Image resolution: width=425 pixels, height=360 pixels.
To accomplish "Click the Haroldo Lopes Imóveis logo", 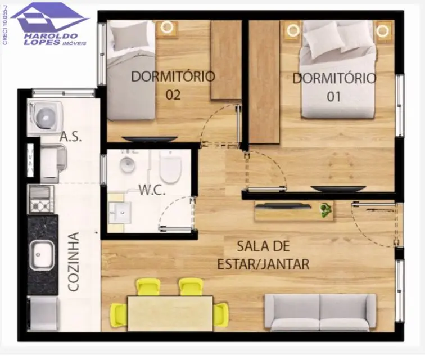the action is pyautogui.click(x=49, y=24).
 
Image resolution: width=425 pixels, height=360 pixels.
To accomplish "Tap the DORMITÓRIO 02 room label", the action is pyautogui.click(x=173, y=85).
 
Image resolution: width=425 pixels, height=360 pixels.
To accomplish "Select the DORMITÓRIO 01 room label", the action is pyautogui.click(x=334, y=87).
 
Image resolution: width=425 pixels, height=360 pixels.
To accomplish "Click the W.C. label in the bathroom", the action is pyautogui.click(x=152, y=190).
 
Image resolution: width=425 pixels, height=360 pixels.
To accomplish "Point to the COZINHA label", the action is pyautogui.click(x=74, y=262).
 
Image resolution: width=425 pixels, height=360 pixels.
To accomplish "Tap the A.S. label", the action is pyautogui.click(x=70, y=137).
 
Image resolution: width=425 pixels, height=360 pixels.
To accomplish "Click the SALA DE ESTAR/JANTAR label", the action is pyautogui.click(x=264, y=255).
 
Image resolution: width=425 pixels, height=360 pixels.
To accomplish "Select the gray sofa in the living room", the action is pyautogui.click(x=320, y=312).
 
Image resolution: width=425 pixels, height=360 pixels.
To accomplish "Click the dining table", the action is pyautogui.click(x=170, y=314).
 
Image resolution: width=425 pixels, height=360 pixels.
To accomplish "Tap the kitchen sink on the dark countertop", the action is pyautogui.click(x=42, y=255).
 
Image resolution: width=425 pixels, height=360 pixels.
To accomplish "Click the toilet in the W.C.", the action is pyautogui.click(x=170, y=167).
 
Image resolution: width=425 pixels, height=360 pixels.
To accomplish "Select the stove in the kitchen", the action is pyautogui.click(x=41, y=199).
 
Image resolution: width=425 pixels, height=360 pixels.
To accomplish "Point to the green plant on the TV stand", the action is pyautogui.click(x=325, y=210).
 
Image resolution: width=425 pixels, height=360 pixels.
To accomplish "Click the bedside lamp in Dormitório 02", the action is pyautogui.click(x=166, y=28).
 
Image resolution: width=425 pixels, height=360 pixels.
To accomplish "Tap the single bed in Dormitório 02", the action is pyautogui.click(x=132, y=70).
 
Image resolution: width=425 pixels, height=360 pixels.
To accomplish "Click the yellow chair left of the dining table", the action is pyautogui.click(x=119, y=315).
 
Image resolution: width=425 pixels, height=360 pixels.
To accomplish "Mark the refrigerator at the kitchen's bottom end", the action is pyautogui.click(x=43, y=314).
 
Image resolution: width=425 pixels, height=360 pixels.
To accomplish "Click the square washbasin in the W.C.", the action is pyautogui.click(x=120, y=213).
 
